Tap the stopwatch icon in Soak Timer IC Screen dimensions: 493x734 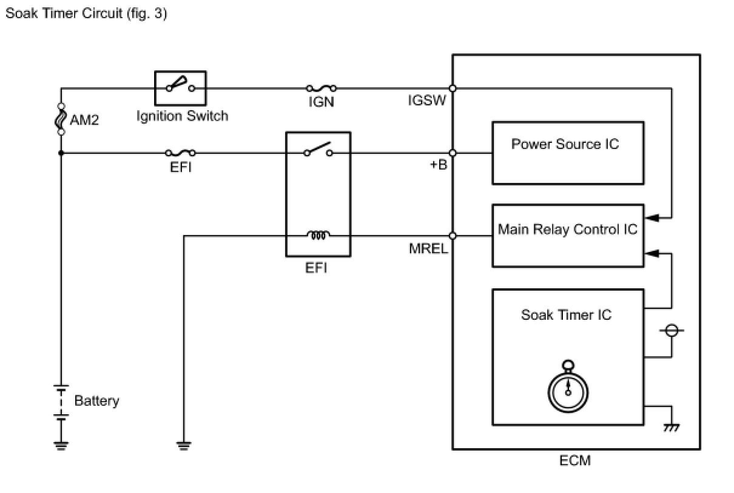[x=568, y=387]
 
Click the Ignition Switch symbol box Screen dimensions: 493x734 [x=180, y=88]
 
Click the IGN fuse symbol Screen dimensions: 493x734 [x=321, y=88]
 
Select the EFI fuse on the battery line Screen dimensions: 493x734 [x=180, y=153]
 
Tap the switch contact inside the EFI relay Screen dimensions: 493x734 [x=318, y=150]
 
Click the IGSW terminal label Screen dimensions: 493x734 [x=427, y=101]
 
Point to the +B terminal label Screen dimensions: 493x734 [x=438, y=164]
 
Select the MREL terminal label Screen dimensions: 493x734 [x=428, y=248]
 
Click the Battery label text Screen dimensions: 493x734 [x=96, y=401]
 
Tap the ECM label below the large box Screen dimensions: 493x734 [x=574, y=461]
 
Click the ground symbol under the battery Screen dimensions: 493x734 [x=61, y=445]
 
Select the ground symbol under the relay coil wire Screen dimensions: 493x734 [x=184, y=446]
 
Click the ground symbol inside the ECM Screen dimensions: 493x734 [x=671, y=428]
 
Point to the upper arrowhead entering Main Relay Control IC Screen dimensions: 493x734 [x=653, y=216]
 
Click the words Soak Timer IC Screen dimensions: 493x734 [x=566, y=315]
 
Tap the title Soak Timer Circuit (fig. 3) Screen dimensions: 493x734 [x=86, y=13]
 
